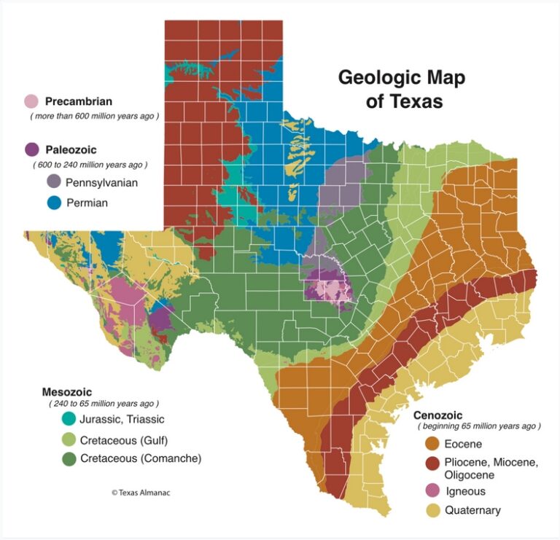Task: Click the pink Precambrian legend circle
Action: pyautogui.click(x=31, y=101)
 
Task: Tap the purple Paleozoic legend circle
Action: pyautogui.click(x=31, y=149)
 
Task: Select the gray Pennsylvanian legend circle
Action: pyautogui.click(x=53, y=182)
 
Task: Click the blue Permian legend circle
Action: pyautogui.click(x=53, y=203)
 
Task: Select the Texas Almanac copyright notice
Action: pyautogui.click(x=141, y=493)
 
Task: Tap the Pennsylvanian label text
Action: pyautogui.click(x=101, y=182)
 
